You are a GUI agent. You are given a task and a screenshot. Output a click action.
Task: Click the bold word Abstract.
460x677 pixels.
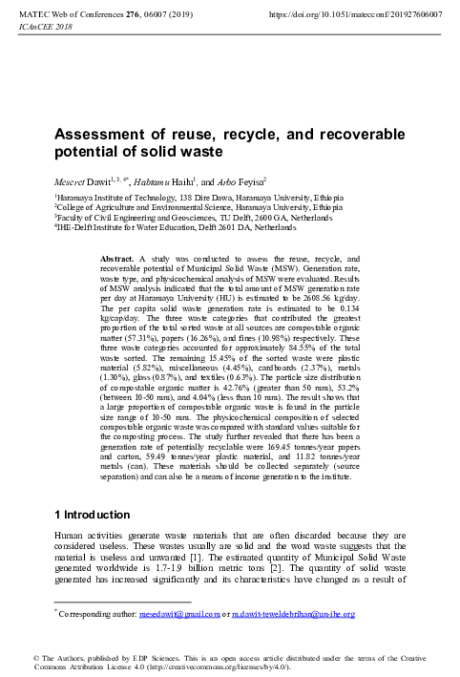(x=118, y=260)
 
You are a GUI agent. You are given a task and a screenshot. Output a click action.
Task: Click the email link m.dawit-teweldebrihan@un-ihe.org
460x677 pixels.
(x=290, y=614)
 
